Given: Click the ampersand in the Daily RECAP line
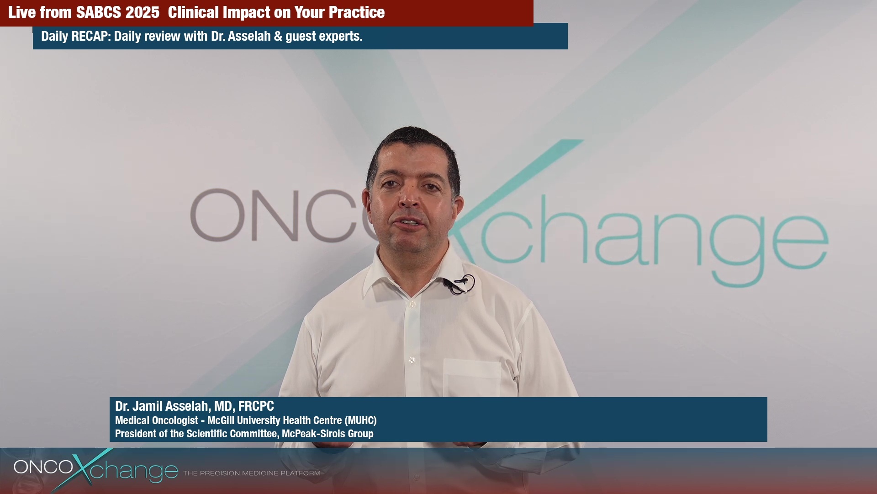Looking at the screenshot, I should click(x=278, y=36).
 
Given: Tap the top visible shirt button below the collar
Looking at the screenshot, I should click(x=412, y=304).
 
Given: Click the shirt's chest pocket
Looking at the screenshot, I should click(x=472, y=377).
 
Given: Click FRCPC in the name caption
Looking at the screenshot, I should click(x=256, y=406).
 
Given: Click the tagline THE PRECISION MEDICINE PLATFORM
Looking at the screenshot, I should click(x=252, y=473).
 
